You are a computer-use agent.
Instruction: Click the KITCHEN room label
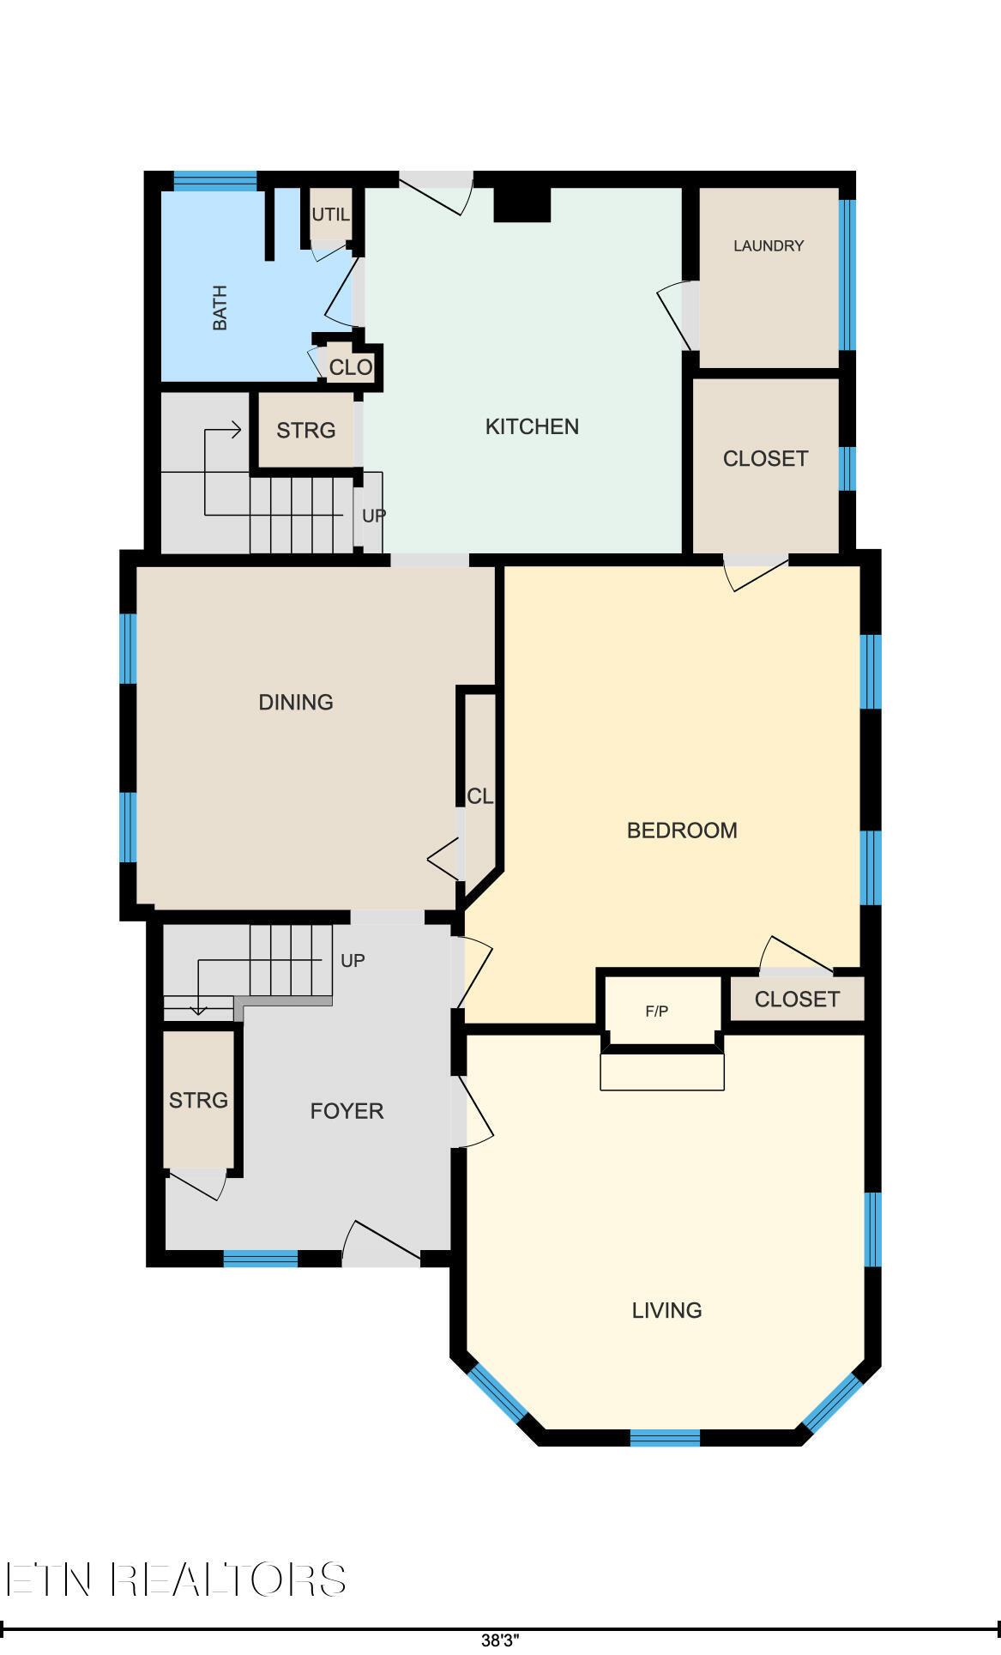coord(532,426)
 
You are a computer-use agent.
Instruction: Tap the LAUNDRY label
coord(769,245)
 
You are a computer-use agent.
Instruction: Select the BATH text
coord(220,308)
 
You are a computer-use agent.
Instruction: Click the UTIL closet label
coord(330,214)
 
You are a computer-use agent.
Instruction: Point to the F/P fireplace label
coord(657,1012)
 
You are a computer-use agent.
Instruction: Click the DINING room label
coord(296,702)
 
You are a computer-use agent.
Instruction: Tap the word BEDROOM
coord(682,831)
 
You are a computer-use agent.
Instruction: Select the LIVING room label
coord(666,1310)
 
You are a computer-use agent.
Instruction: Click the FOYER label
coord(347,1111)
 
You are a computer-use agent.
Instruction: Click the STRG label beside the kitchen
coord(305,430)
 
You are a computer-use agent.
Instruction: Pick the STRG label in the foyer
coord(198,1100)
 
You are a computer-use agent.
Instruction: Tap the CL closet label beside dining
coord(479,796)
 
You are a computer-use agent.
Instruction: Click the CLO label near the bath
coord(351,367)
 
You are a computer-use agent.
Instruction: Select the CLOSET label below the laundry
coord(765,458)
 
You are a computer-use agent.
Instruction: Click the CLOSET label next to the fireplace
coord(797,999)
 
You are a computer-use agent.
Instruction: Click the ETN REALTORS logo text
coord(176,1579)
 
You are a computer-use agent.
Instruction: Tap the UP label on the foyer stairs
coord(353,961)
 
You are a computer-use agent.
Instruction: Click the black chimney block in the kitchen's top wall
coord(522,204)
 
